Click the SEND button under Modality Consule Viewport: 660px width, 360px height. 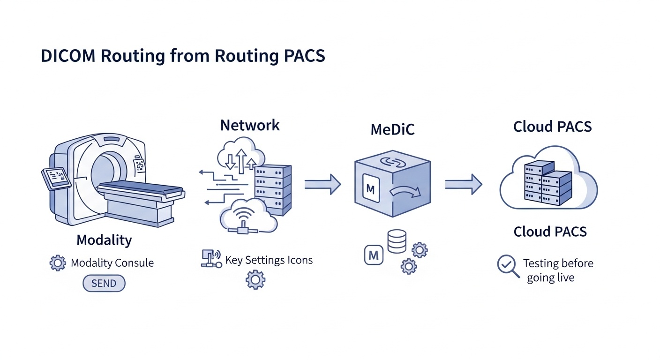(x=104, y=284)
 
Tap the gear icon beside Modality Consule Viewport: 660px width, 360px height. (x=58, y=262)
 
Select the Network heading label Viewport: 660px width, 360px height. (x=250, y=125)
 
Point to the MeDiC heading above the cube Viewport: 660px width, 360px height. (x=392, y=129)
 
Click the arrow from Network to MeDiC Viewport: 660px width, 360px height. (x=322, y=184)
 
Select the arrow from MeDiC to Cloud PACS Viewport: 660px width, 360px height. (x=463, y=184)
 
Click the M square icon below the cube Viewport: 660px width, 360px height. (x=374, y=256)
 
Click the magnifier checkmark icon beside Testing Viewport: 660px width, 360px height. (x=508, y=266)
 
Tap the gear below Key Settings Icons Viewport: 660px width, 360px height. (x=255, y=280)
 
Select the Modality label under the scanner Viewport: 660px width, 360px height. (x=104, y=240)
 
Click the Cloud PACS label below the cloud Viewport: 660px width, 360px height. (x=550, y=232)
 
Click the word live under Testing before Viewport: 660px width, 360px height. (x=564, y=277)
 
